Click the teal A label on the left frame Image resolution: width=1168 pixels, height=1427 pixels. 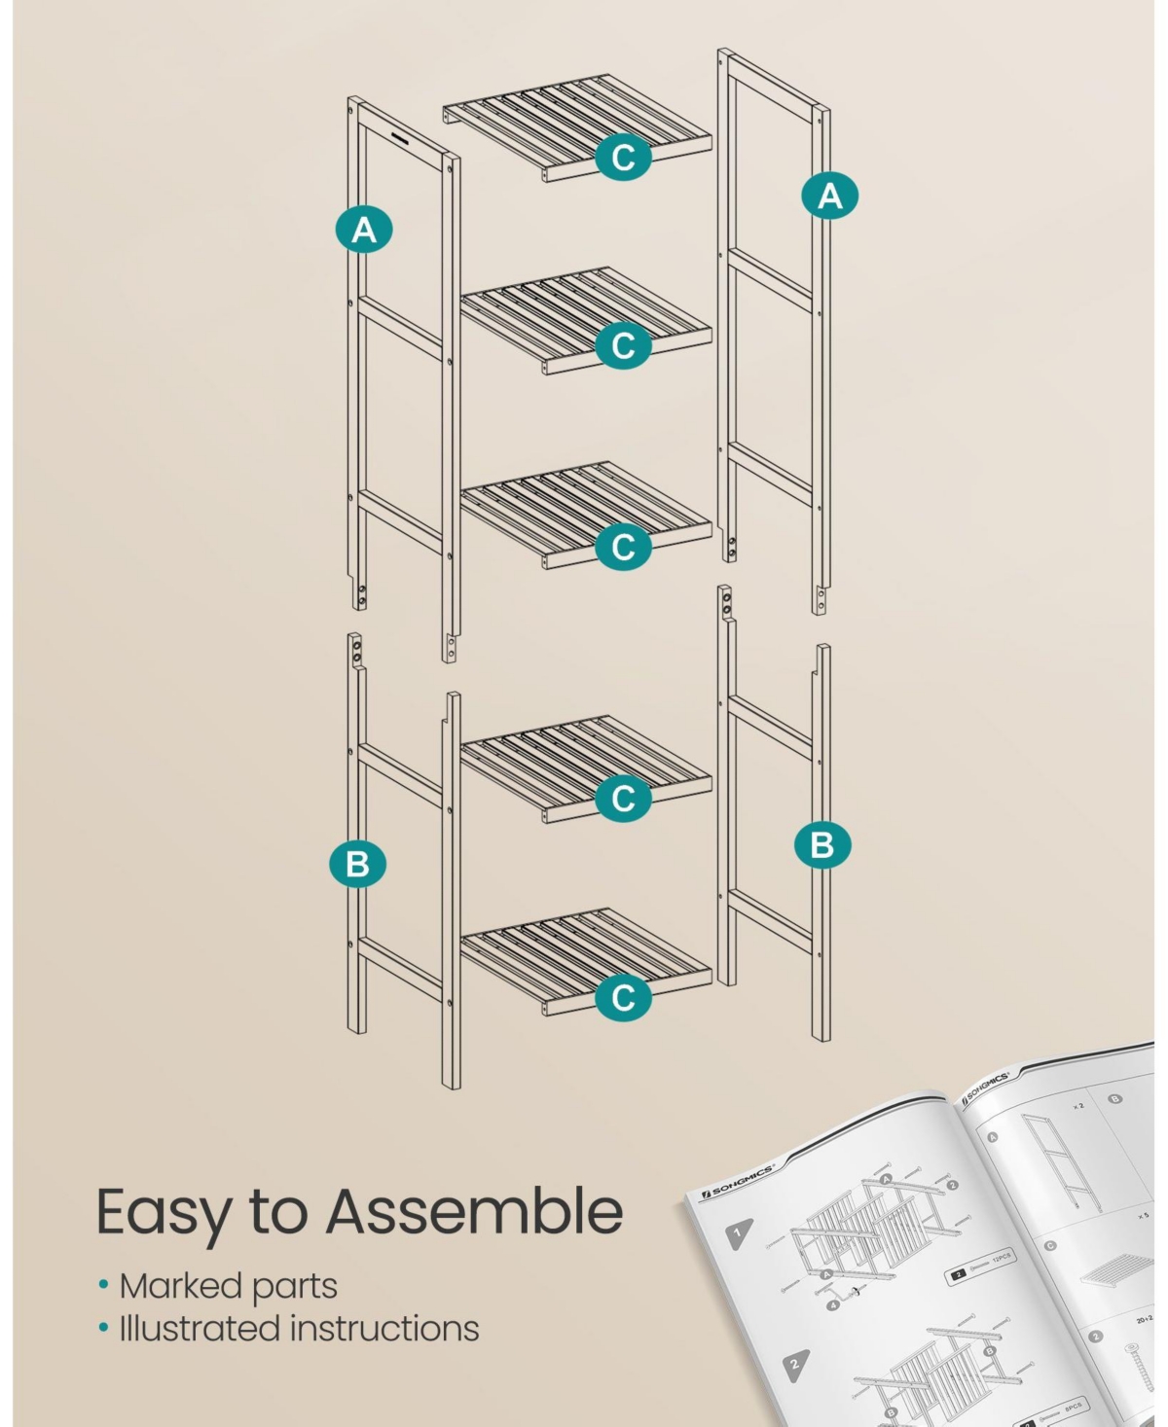(x=363, y=231)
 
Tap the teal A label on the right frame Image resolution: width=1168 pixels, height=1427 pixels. (x=829, y=196)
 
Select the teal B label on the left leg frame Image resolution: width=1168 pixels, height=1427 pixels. (x=357, y=864)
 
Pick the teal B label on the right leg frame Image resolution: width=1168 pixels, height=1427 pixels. (x=821, y=843)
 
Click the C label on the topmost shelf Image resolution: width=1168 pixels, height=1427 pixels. (x=623, y=156)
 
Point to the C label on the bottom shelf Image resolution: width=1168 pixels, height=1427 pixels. (x=623, y=996)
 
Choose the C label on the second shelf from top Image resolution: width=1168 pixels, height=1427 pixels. (x=623, y=345)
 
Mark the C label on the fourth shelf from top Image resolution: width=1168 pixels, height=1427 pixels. (x=623, y=799)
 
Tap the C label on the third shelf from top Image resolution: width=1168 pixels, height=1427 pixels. (x=623, y=547)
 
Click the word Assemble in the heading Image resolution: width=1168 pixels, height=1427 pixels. (x=474, y=1212)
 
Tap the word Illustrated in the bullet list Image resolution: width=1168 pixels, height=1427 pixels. (x=200, y=1329)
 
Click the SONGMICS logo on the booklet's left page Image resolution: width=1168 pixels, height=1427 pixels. (x=738, y=1180)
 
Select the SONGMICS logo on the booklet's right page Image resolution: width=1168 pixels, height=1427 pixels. (x=985, y=1088)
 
